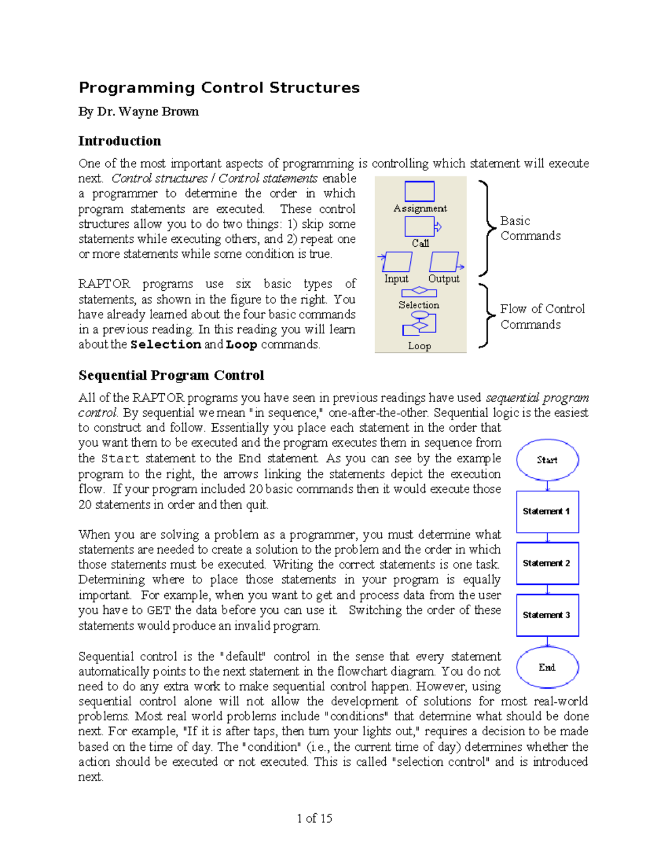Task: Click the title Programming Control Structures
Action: click(x=219, y=88)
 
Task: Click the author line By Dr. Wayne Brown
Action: click(x=139, y=112)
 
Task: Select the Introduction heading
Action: click(x=120, y=141)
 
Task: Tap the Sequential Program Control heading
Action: click(x=171, y=375)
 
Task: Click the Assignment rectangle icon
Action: click(x=419, y=191)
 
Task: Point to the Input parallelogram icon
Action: click(x=396, y=262)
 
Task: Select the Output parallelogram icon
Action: click(x=445, y=262)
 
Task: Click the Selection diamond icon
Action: click(x=419, y=291)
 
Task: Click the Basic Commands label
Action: click(x=530, y=228)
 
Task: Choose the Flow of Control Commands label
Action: click(x=542, y=316)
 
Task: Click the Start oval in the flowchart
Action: click(x=547, y=460)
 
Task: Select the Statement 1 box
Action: click(x=547, y=511)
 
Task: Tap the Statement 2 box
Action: click(x=547, y=563)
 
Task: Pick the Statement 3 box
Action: click(x=547, y=615)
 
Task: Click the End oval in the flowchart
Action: click(x=547, y=667)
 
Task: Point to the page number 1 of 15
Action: click(x=315, y=818)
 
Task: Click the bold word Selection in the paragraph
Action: click(x=165, y=345)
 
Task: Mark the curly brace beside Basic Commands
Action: click(x=487, y=228)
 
